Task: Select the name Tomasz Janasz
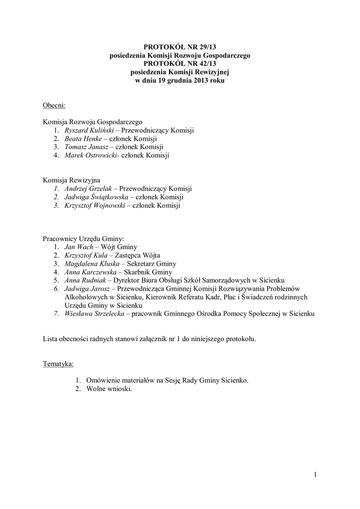(x=86, y=147)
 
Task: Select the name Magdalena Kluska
(x=91, y=264)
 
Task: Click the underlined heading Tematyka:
(x=58, y=364)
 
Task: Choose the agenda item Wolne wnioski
(x=109, y=389)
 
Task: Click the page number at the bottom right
(x=315, y=474)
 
